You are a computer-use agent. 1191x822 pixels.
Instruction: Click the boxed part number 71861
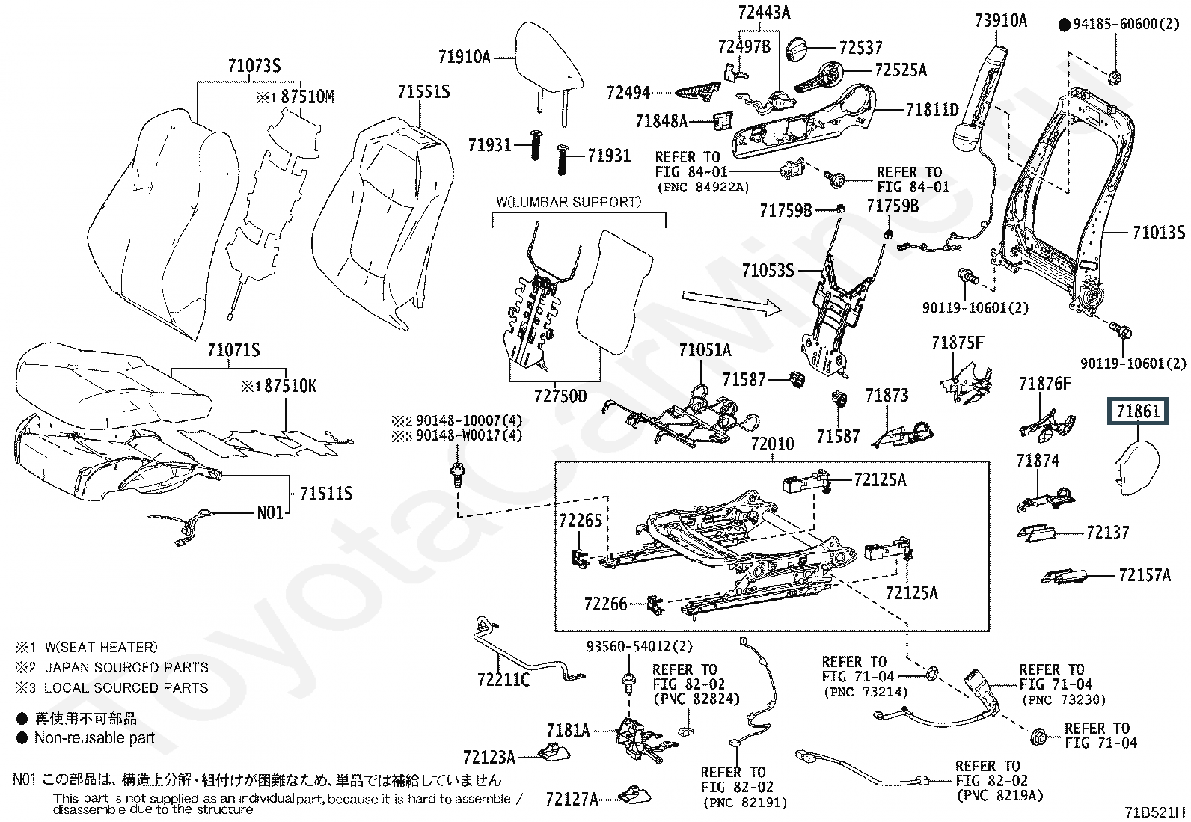tap(1136, 411)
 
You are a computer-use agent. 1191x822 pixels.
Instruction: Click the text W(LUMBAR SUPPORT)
tap(569, 202)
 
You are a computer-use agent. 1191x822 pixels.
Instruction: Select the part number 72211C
tap(503, 679)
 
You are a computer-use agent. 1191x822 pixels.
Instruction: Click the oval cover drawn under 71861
tap(1136, 470)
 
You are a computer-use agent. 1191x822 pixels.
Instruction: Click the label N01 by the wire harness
tap(270, 513)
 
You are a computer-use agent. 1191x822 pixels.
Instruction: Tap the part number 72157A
tap(1144, 575)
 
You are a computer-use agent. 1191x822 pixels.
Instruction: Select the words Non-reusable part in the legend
tap(94, 738)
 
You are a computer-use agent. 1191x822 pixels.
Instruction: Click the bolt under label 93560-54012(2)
tap(625, 682)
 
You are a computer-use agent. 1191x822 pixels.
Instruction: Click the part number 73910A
tap(1001, 20)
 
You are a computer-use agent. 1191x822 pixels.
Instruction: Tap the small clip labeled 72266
tap(655, 604)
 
